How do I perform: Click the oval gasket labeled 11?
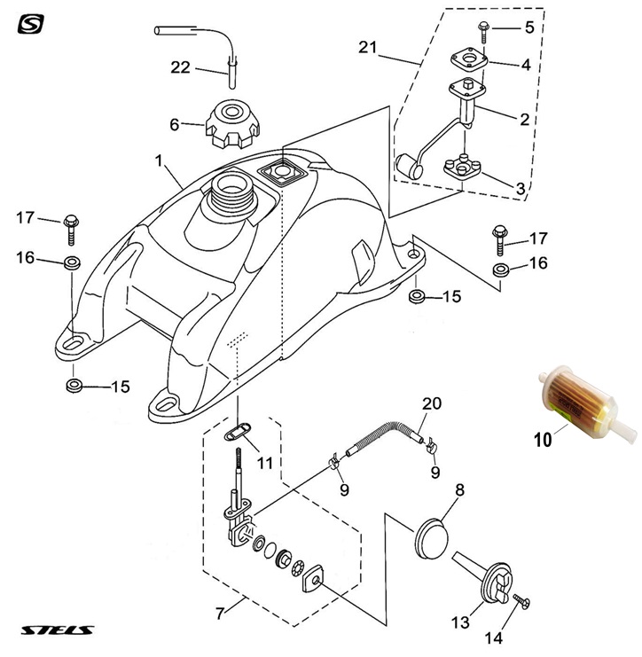coord(235,430)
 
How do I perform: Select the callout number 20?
coord(431,403)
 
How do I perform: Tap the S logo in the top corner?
coord(30,23)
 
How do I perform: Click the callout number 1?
coord(160,162)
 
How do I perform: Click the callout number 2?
coord(526,116)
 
